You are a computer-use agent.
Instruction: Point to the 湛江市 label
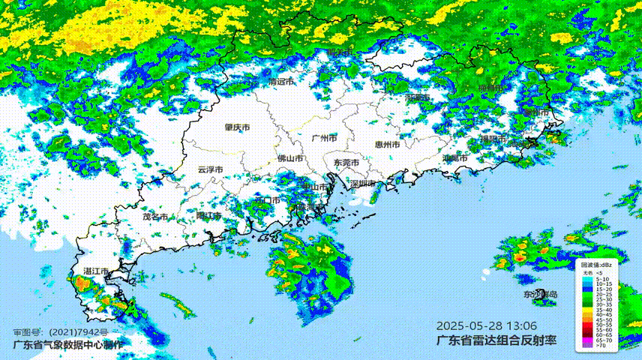pos(96,271)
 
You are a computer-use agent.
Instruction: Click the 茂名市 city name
pos(154,217)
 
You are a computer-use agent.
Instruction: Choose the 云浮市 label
pos(210,169)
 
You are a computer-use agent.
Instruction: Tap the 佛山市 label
pos(290,159)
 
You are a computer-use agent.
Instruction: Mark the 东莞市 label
pos(346,163)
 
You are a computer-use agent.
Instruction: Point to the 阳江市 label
pos(208,216)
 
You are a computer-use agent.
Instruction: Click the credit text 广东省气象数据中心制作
pos(67,345)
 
